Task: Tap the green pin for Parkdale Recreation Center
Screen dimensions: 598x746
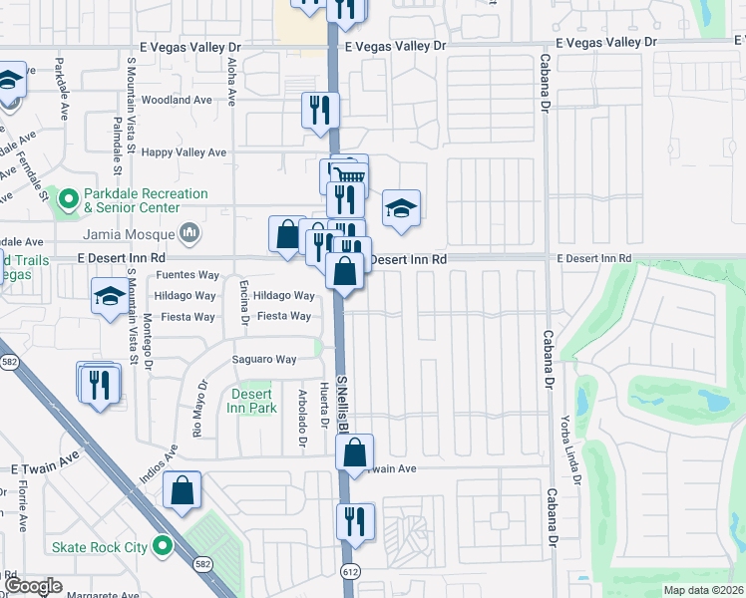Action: (x=69, y=200)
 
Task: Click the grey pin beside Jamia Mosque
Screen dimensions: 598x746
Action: (x=189, y=235)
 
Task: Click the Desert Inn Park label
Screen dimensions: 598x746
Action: (x=251, y=401)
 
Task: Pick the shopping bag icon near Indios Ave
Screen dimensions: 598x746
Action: (x=182, y=489)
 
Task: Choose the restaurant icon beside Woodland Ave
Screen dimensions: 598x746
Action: (x=320, y=110)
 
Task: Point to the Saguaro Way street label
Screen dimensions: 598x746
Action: (x=264, y=360)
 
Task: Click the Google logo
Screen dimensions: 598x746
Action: (x=34, y=586)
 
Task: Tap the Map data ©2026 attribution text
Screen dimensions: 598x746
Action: (x=703, y=590)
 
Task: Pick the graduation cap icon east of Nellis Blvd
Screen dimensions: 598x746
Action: (x=401, y=208)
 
